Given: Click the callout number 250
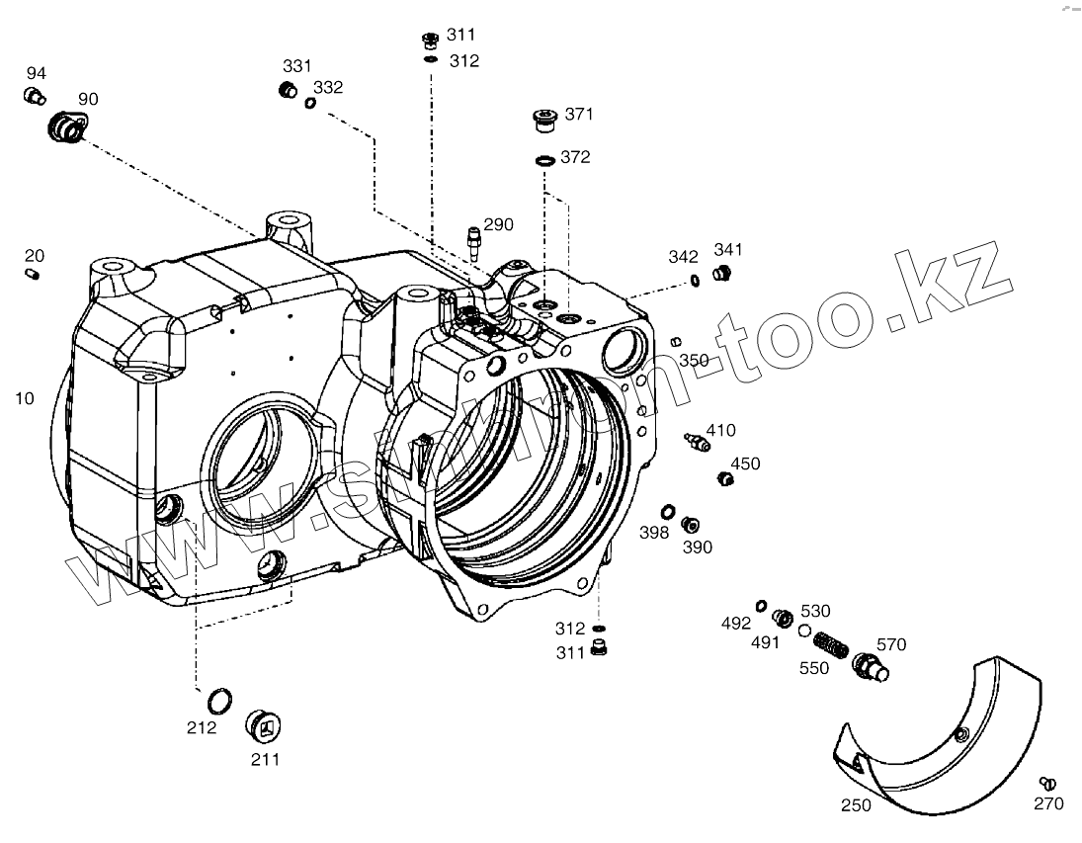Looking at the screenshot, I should point(856,804).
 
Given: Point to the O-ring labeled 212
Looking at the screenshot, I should point(220,701).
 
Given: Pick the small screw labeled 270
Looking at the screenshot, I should point(1048,784).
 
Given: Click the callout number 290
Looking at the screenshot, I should point(498,224).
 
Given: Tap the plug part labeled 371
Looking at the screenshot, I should point(544,121).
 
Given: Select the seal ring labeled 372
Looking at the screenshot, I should point(543,160).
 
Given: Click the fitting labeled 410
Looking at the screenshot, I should point(698,440).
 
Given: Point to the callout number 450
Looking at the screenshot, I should point(745,464).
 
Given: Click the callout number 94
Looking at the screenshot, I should point(36,73).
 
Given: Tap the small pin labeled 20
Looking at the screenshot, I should point(33,273).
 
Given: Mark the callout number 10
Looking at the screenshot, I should point(25,398).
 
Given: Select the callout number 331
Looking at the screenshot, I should point(296,65).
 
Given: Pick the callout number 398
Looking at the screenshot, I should point(653,533).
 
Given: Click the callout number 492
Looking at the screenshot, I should point(735,624).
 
